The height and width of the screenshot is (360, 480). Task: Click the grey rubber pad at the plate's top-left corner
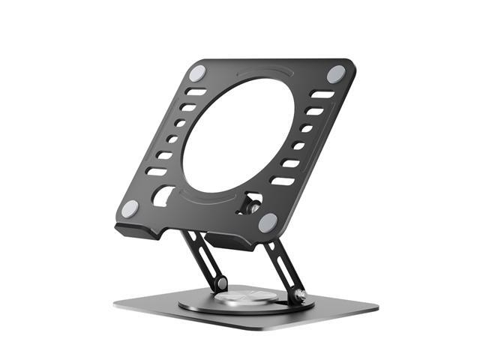(197, 73)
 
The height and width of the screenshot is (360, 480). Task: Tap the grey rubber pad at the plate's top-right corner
(335, 73)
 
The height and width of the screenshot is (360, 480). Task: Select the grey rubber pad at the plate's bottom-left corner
(130, 209)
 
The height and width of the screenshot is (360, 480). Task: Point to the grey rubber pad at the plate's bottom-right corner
(268, 223)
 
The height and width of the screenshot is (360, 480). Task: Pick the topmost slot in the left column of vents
(196, 92)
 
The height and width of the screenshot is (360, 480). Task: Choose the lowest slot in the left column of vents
(156, 171)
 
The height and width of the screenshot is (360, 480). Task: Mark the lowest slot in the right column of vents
(282, 181)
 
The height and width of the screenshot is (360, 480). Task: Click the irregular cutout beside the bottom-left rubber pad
(162, 196)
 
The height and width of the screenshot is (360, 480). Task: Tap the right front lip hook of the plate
(232, 242)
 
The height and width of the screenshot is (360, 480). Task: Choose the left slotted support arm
(203, 259)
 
